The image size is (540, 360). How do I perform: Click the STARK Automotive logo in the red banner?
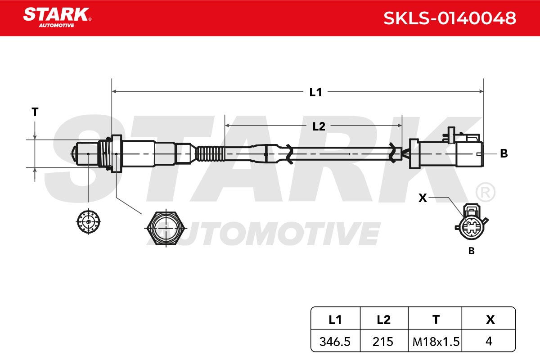point(57,18)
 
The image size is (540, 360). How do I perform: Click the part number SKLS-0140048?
point(450,18)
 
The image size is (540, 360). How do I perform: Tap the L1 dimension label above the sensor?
point(315,92)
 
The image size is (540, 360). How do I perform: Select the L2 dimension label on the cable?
point(319,126)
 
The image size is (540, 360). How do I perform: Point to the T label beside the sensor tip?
point(35,112)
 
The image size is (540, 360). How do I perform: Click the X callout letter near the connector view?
point(423,198)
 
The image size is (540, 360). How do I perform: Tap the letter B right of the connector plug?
point(504,153)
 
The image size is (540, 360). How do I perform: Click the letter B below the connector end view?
point(471,251)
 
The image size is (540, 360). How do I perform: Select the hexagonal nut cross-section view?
point(166,228)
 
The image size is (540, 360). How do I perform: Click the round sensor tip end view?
point(88,221)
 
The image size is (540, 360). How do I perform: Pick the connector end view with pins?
point(471,222)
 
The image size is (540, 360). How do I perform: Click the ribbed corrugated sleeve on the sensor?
point(210,153)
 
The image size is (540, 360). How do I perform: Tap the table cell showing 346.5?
point(335,342)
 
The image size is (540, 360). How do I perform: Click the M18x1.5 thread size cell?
point(436,342)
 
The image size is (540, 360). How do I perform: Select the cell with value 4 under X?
point(489,341)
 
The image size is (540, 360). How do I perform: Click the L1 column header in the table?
point(335,320)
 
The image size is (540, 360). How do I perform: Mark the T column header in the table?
point(436,320)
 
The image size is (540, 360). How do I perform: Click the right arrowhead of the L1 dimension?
point(481,91)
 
